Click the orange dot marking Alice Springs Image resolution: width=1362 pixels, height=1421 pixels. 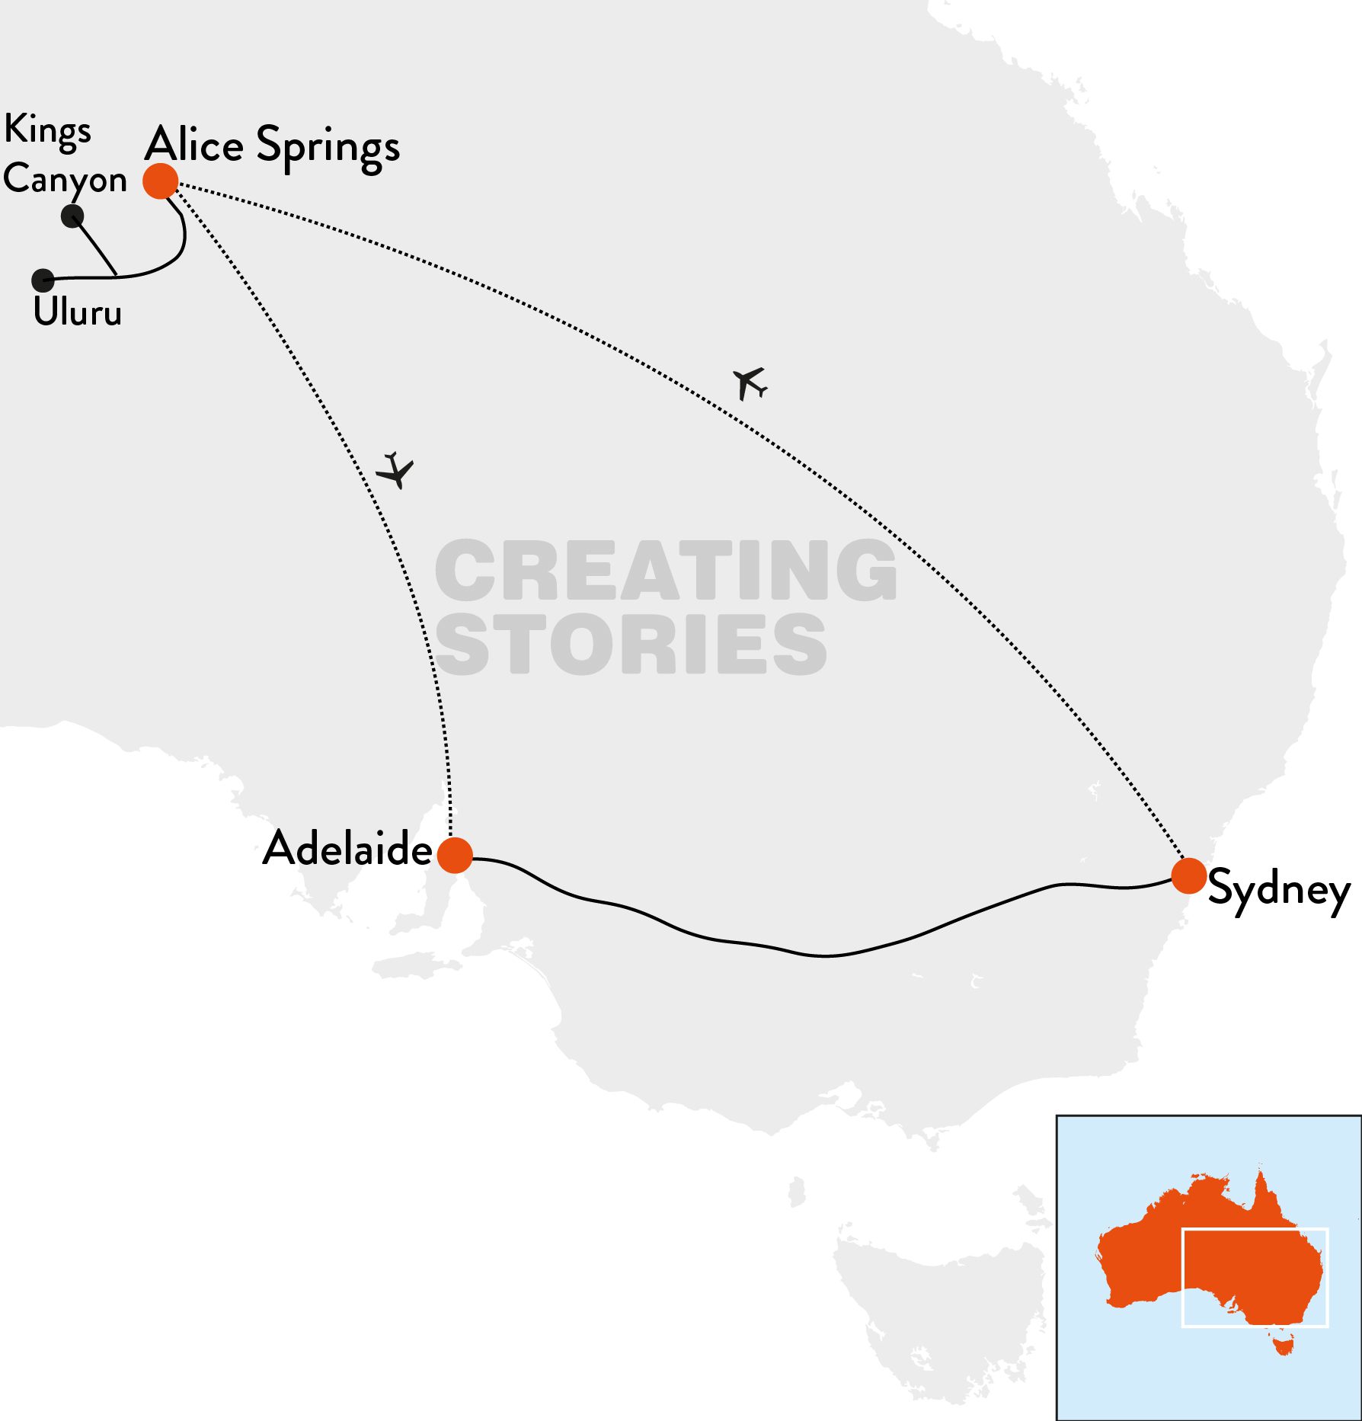pyautogui.click(x=161, y=181)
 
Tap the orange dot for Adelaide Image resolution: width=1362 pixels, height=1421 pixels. pyautogui.click(x=455, y=855)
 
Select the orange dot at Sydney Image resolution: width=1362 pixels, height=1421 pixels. pyautogui.click(x=1188, y=875)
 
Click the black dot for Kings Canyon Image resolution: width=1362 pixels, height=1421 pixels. pyautogui.click(x=72, y=216)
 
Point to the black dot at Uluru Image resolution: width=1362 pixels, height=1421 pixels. pyautogui.click(x=43, y=280)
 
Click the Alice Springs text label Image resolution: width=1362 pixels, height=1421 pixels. pyautogui.click(x=272, y=146)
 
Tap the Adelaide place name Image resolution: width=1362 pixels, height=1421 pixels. pyautogui.click(x=347, y=849)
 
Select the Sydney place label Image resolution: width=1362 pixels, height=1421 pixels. pyautogui.click(x=1279, y=890)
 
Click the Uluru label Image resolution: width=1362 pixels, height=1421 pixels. pyautogui.click(x=77, y=312)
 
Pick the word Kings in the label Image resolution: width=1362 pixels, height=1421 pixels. pyautogui.click(x=47, y=131)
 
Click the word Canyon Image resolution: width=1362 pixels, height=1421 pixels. pyautogui.click(x=65, y=180)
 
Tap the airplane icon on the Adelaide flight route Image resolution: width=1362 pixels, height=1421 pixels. pyautogui.click(x=395, y=470)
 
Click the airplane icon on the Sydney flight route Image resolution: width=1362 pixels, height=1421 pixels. pyautogui.click(x=750, y=383)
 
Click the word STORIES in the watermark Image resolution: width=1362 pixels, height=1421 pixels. pyautogui.click(x=631, y=644)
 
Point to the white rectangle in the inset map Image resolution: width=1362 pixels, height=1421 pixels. pyautogui.click(x=1255, y=1229)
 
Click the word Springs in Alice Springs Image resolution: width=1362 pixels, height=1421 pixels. pyautogui.click(x=328, y=148)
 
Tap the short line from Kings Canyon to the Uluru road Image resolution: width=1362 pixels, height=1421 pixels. pyautogui.click(x=94, y=245)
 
